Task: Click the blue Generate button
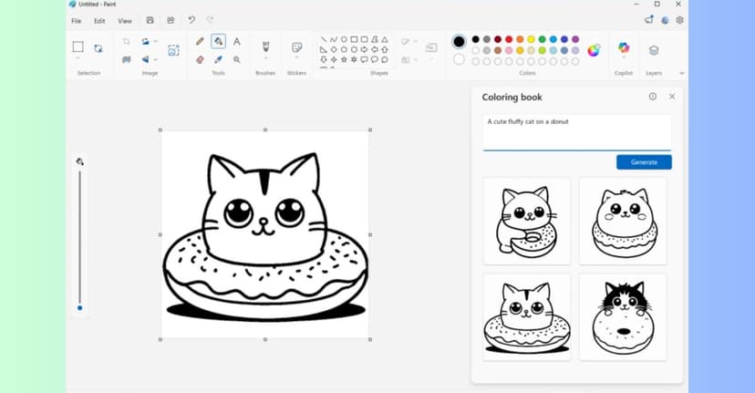[x=644, y=162]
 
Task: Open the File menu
[x=77, y=21]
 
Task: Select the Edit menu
[x=99, y=21]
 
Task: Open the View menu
[x=125, y=21]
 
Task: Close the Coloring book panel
[x=672, y=96]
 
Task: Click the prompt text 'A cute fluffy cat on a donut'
[x=528, y=121]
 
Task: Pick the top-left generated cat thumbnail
[x=526, y=221]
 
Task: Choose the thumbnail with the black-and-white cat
[x=623, y=315]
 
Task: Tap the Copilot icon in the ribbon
[x=624, y=48]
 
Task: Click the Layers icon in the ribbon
[x=654, y=49]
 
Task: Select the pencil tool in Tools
[x=200, y=42]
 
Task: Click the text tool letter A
[x=237, y=42]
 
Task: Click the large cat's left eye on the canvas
[x=239, y=213]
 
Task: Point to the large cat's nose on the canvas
[x=264, y=221]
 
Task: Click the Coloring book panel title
[x=512, y=97]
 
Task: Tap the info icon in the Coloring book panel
[x=652, y=96]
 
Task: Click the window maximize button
[x=657, y=5]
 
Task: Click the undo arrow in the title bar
[x=191, y=20]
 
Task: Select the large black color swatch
[x=459, y=42]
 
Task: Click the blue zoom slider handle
[x=79, y=308]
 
